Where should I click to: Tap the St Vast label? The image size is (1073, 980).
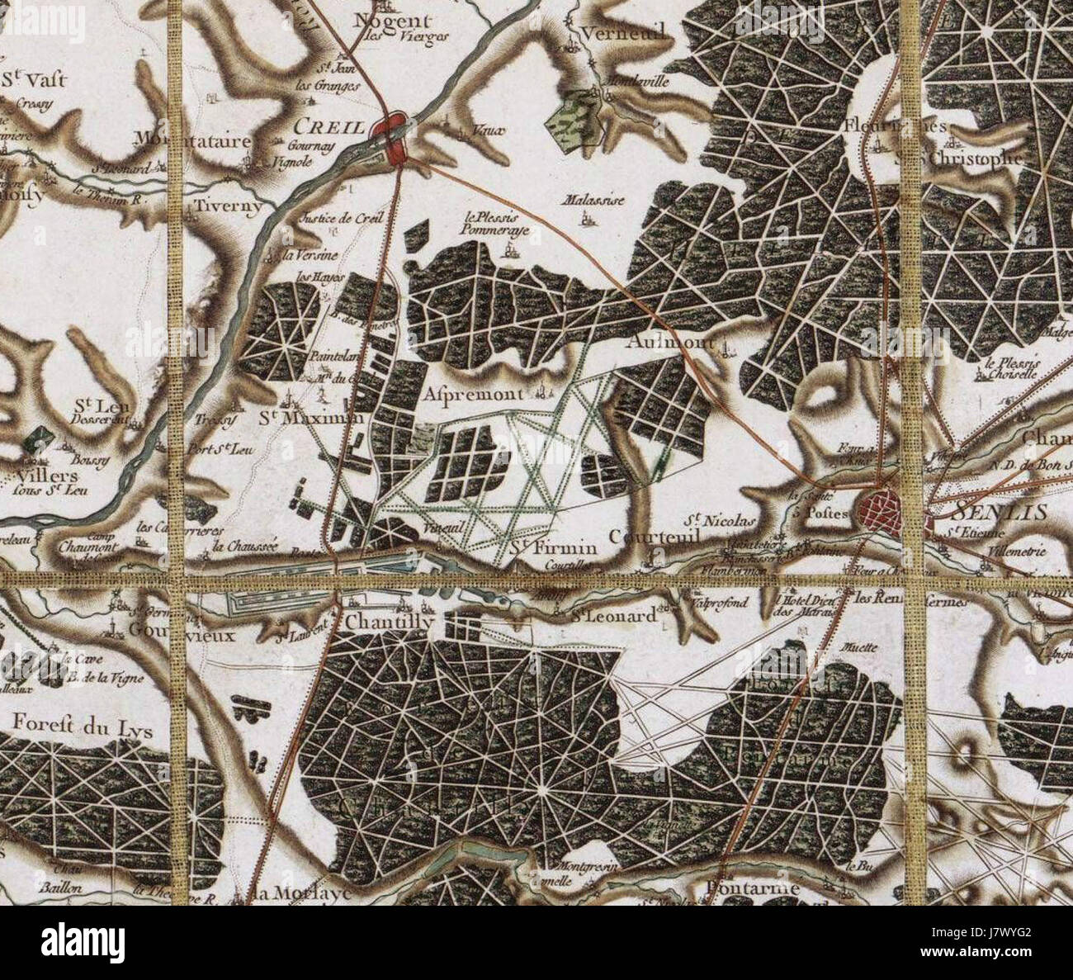33,80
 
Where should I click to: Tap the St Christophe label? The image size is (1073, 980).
975,157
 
